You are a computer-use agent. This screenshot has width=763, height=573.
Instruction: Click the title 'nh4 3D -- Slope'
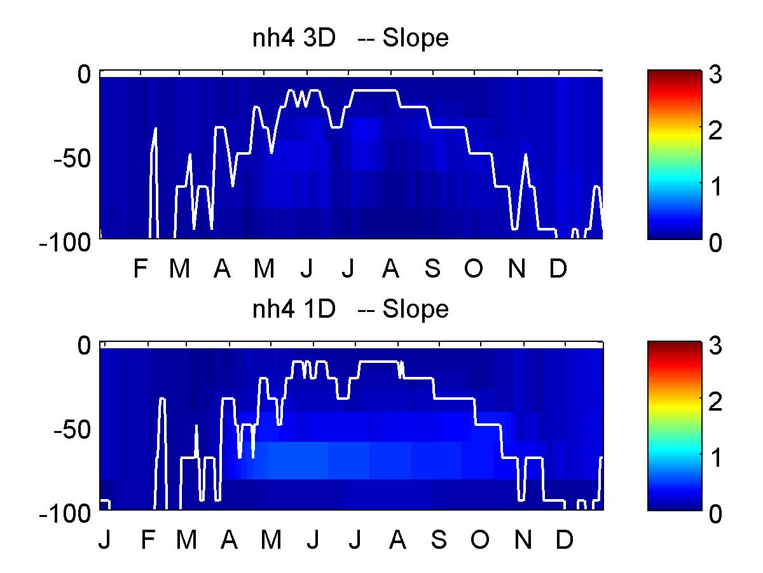click(x=350, y=39)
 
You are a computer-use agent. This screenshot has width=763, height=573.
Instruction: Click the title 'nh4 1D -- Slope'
click(x=350, y=309)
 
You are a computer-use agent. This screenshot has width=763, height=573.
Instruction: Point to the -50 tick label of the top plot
click(x=72, y=159)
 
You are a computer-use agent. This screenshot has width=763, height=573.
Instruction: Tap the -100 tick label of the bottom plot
click(x=65, y=514)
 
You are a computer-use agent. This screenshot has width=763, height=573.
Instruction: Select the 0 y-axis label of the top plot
click(x=84, y=74)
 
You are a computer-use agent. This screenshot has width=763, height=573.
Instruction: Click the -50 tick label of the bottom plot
click(x=72, y=430)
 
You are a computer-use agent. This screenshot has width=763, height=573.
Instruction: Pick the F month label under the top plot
click(x=141, y=269)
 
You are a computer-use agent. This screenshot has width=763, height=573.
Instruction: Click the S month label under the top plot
click(x=432, y=269)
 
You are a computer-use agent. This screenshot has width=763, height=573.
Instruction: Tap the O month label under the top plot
click(x=474, y=269)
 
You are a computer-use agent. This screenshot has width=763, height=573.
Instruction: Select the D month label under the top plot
click(x=558, y=269)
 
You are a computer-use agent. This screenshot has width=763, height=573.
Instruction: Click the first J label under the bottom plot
click(x=105, y=540)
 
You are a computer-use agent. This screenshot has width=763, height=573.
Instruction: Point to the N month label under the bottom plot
click(x=523, y=540)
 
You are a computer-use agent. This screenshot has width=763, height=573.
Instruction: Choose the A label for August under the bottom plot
click(x=397, y=540)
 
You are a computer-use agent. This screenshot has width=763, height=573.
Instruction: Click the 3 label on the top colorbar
click(x=715, y=74)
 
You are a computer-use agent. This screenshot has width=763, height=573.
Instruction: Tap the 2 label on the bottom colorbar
click(x=715, y=402)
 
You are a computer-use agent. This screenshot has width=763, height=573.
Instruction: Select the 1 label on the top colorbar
click(x=716, y=187)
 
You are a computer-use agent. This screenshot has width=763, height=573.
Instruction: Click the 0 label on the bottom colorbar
click(x=715, y=514)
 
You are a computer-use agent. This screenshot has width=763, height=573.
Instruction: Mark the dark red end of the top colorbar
click(x=675, y=74)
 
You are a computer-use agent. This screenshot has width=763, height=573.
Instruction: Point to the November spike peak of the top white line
click(x=526, y=154)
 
